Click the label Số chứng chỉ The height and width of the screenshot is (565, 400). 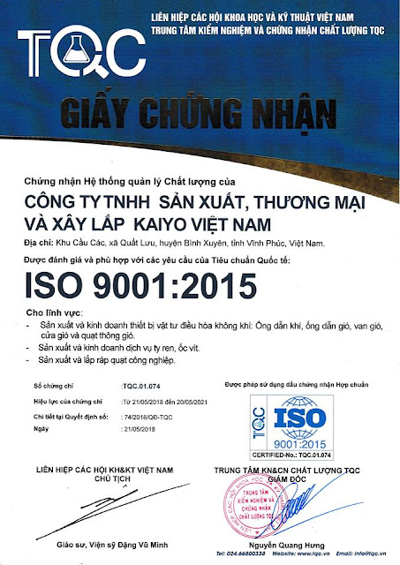click(x=50, y=387)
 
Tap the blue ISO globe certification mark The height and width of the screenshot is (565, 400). click(x=301, y=421)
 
